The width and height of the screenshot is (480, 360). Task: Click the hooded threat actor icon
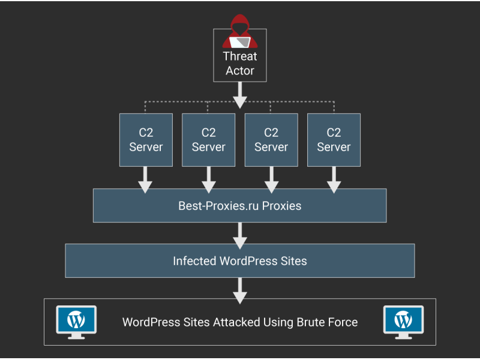[x=240, y=33]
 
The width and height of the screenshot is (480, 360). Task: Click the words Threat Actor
[x=240, y=64]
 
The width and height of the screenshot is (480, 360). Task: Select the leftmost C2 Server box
[x=146, y=140]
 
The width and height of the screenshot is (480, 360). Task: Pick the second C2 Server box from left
[x=208, y=140]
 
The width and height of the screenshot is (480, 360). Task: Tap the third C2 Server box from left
[x=271, y=140]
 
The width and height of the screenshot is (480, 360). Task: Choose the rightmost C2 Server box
[x=334, y=140]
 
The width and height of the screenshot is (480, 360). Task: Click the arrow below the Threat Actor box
[x=240, y=95]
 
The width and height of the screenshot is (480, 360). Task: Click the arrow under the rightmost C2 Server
[x=334, y=179]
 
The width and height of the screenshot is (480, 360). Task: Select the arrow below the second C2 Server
[x=208, y=179]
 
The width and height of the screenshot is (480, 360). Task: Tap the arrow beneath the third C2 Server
[x=271, y=179]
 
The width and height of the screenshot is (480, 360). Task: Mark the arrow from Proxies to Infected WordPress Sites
[x=240, y=235]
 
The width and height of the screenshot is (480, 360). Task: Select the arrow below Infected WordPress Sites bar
[x=240, y=290]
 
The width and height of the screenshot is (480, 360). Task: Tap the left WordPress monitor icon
[x=76, y=322]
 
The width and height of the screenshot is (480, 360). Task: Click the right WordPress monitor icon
[x=403, y=322]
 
